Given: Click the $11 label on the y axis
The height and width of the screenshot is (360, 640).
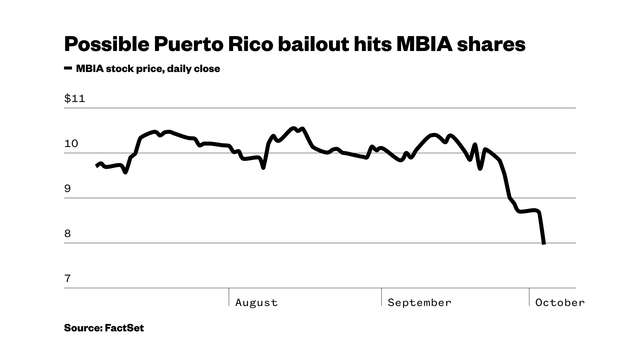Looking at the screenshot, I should pyautogui.click(x=75, y=99).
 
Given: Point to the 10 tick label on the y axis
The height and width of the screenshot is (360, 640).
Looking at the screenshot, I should pyautogui.click(x=71, y=144).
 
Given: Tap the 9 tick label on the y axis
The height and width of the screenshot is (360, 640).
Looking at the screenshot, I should pyautogui.click(x=68, y=189).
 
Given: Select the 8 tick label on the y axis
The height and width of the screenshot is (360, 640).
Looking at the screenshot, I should pyautogui.click(x=68, y=234).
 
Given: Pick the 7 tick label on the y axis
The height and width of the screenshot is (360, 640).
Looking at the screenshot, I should pyautogui.click(x=68, y=279).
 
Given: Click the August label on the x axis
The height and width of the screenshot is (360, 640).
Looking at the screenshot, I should pyautogui.click(x=256, y=303).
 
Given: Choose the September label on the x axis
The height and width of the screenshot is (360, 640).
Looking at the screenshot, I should pyautogui.click(x=419, y=303).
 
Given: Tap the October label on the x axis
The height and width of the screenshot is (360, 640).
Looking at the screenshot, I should pyautogui.click(x=560, y=303).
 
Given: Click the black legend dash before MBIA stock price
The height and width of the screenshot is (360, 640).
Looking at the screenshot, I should pyautogui.click(x=68, y=68).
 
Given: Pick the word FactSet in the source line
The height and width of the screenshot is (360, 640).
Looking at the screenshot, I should pyautogui.click(x=124, y=328).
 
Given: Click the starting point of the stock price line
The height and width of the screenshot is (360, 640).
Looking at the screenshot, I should pyautogui.click(x=97, y=166).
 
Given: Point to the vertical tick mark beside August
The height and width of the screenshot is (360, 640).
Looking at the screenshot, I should pyautogui.click(x=229, y=297).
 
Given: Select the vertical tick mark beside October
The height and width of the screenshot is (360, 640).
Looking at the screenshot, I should pyautogui.click(x=529, y=297).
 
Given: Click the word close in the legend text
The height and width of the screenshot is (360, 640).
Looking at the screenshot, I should pyautogui.click(x=207, y=69).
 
